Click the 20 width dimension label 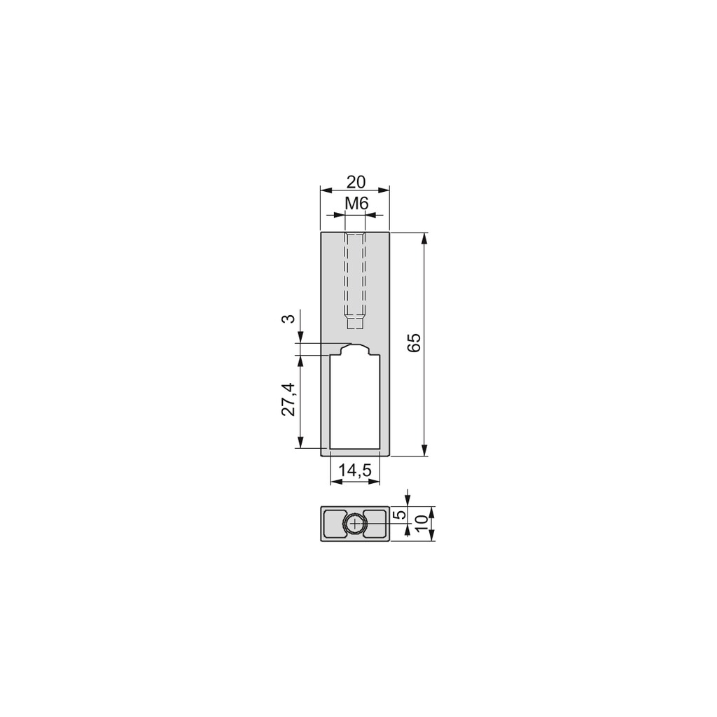pos(356,182)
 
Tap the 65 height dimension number pos(414,342)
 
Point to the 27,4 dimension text pos(288,400)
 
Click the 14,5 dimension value pos(355,471)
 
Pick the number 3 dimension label pos(288,319)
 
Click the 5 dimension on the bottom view pos(400,515)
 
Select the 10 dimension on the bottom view pos(420,523)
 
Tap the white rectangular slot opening pos(355,403)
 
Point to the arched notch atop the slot pos(356,349)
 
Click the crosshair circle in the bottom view pos(356,524)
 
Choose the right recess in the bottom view pos(377,524)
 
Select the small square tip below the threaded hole pos(356,323)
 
